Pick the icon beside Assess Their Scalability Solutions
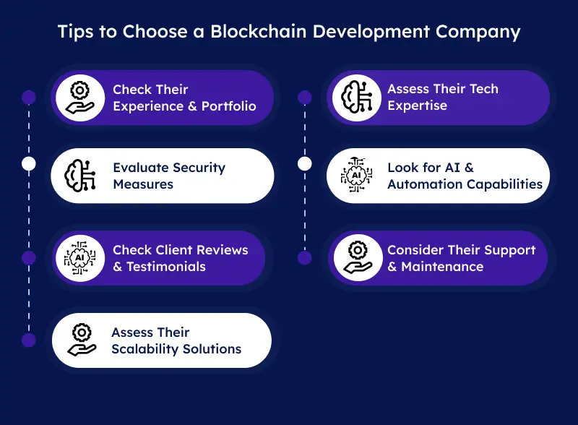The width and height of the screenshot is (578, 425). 81,340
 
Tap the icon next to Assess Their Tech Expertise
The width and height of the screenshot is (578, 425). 353,98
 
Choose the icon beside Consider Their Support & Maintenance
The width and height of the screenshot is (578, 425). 357,258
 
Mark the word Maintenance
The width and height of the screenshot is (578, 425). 442,267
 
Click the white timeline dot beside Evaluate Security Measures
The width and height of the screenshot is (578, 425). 29,164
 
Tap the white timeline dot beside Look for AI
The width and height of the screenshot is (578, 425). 305,164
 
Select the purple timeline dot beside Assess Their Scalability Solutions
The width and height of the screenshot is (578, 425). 29,340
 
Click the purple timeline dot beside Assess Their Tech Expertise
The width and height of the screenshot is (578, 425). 305,97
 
